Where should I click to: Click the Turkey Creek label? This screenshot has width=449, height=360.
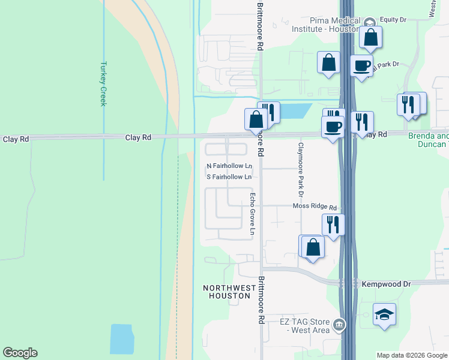coord(103,84)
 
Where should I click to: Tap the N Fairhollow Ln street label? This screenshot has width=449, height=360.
coord(229,166)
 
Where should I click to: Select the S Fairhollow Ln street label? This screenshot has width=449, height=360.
coord(229,177)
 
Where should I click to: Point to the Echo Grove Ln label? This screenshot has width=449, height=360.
coord(253,214)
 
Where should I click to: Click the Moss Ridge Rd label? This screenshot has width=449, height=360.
coord(315,206)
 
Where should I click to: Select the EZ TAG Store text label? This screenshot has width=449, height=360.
coord(305,326)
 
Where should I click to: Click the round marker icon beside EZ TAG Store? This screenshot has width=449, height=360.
coord(340,325)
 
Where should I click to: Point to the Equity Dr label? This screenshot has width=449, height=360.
coord(393,20)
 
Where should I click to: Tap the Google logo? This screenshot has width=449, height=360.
coord(20,353)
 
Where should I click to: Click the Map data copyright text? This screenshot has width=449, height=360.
coord(412,355)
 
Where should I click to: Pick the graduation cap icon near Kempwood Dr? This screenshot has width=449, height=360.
coord(384,314)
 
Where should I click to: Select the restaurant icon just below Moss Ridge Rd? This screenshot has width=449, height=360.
coord(333,224)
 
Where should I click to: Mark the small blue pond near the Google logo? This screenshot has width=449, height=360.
coord(122,339)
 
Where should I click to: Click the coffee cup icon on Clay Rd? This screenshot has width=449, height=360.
coord(333,127)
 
